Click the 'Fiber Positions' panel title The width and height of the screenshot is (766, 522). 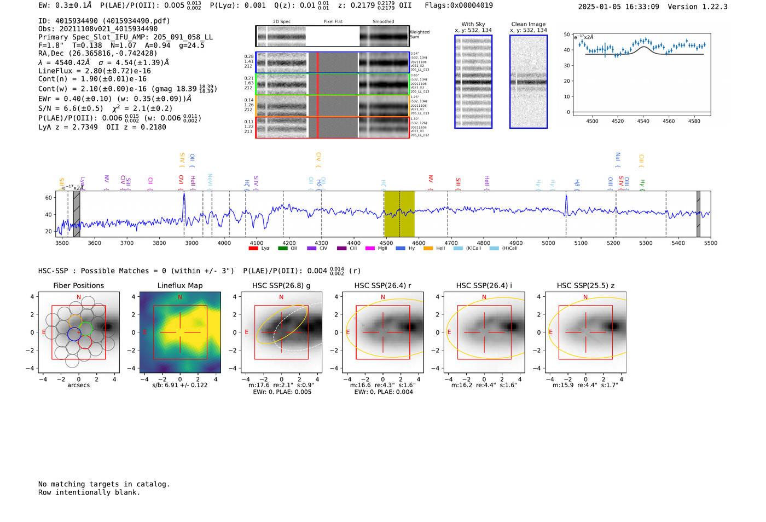[78, 285]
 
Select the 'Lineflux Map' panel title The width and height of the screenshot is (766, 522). [180, 285]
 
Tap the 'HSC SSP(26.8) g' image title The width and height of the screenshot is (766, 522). [281, 285]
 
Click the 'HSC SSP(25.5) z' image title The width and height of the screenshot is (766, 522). [585, 285]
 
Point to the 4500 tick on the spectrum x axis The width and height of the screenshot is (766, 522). [386, 243]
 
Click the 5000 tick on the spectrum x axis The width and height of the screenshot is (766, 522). [548, 243]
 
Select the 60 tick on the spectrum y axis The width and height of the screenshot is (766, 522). [49, 198]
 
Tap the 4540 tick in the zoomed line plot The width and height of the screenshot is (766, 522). [643, 121]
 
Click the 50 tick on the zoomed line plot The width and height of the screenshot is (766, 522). [567, 35]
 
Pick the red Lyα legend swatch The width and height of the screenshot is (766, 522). [253, 248]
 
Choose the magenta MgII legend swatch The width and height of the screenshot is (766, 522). [370, 248]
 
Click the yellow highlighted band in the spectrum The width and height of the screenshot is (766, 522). [399, 214]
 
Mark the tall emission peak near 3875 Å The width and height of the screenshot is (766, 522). [184, 194]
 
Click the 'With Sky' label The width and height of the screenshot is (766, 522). [473, 24]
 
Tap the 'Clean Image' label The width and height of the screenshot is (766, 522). [529, 24]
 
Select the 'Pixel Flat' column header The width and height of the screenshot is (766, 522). [333, 21]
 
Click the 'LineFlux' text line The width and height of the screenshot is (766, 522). [95, 71]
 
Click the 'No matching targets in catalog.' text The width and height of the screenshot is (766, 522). [104, 484]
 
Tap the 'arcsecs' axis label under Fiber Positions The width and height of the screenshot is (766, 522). [78, 385]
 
